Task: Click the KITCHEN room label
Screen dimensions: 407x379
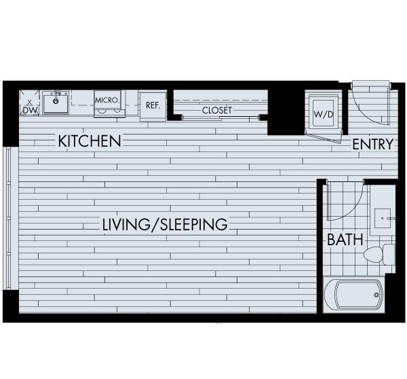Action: (90, 141)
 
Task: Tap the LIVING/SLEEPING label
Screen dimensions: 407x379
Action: (165, 225)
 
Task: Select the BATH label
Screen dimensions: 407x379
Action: (345, 239)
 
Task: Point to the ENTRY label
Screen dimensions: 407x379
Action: (372, 144)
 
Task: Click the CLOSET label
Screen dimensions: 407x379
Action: (217, 110)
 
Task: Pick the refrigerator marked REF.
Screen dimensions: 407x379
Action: (153, 106)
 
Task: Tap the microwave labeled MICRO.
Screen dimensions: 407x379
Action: (107, 103)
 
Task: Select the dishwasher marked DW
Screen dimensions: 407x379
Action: (29, 103)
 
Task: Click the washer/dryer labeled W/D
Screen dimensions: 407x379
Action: (324, 114)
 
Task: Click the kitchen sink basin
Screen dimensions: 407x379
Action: (56, 104)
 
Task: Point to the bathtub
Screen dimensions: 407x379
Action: (353, 295)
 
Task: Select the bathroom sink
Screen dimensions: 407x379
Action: (383, 218)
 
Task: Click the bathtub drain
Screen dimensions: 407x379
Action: (376, 295)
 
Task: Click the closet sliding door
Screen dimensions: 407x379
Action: (220, 118)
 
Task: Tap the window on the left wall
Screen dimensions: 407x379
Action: (8, 218)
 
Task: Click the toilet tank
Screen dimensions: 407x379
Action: (389, 254)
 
